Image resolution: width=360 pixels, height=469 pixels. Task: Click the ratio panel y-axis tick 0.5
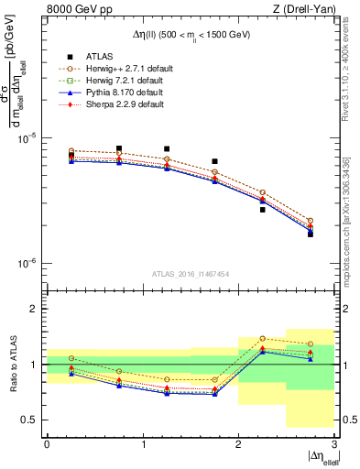(x=32, y=420)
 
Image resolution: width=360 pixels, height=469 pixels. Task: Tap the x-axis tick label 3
(x=334, y=443)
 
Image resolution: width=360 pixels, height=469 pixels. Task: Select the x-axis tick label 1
(x=143, y=443)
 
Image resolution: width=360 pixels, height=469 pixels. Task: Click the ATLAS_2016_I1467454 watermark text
(x=191, y=273)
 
